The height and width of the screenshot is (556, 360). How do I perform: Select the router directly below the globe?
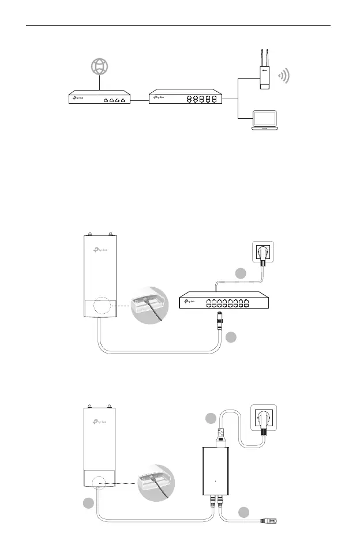point(99,100)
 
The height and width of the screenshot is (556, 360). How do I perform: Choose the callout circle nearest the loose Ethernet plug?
point(244,512)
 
